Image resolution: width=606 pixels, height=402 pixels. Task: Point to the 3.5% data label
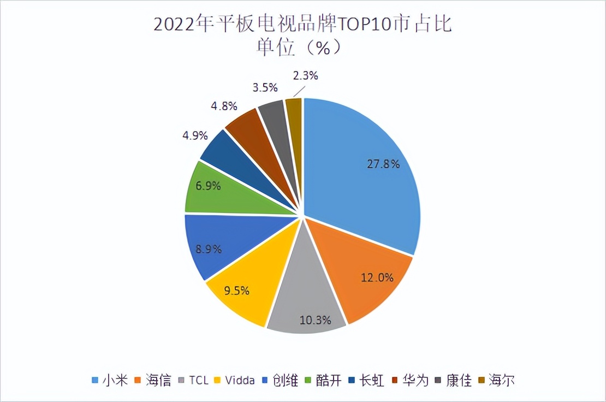(265, 87)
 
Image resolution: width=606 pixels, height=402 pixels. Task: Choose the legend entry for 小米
(110, 380)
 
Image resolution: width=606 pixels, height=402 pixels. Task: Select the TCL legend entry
(193, 380)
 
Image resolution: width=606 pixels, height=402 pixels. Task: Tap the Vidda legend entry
(235, 380)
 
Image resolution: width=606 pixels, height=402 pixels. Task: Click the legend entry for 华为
(411, 380)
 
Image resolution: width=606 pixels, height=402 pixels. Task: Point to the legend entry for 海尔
(498, 380)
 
